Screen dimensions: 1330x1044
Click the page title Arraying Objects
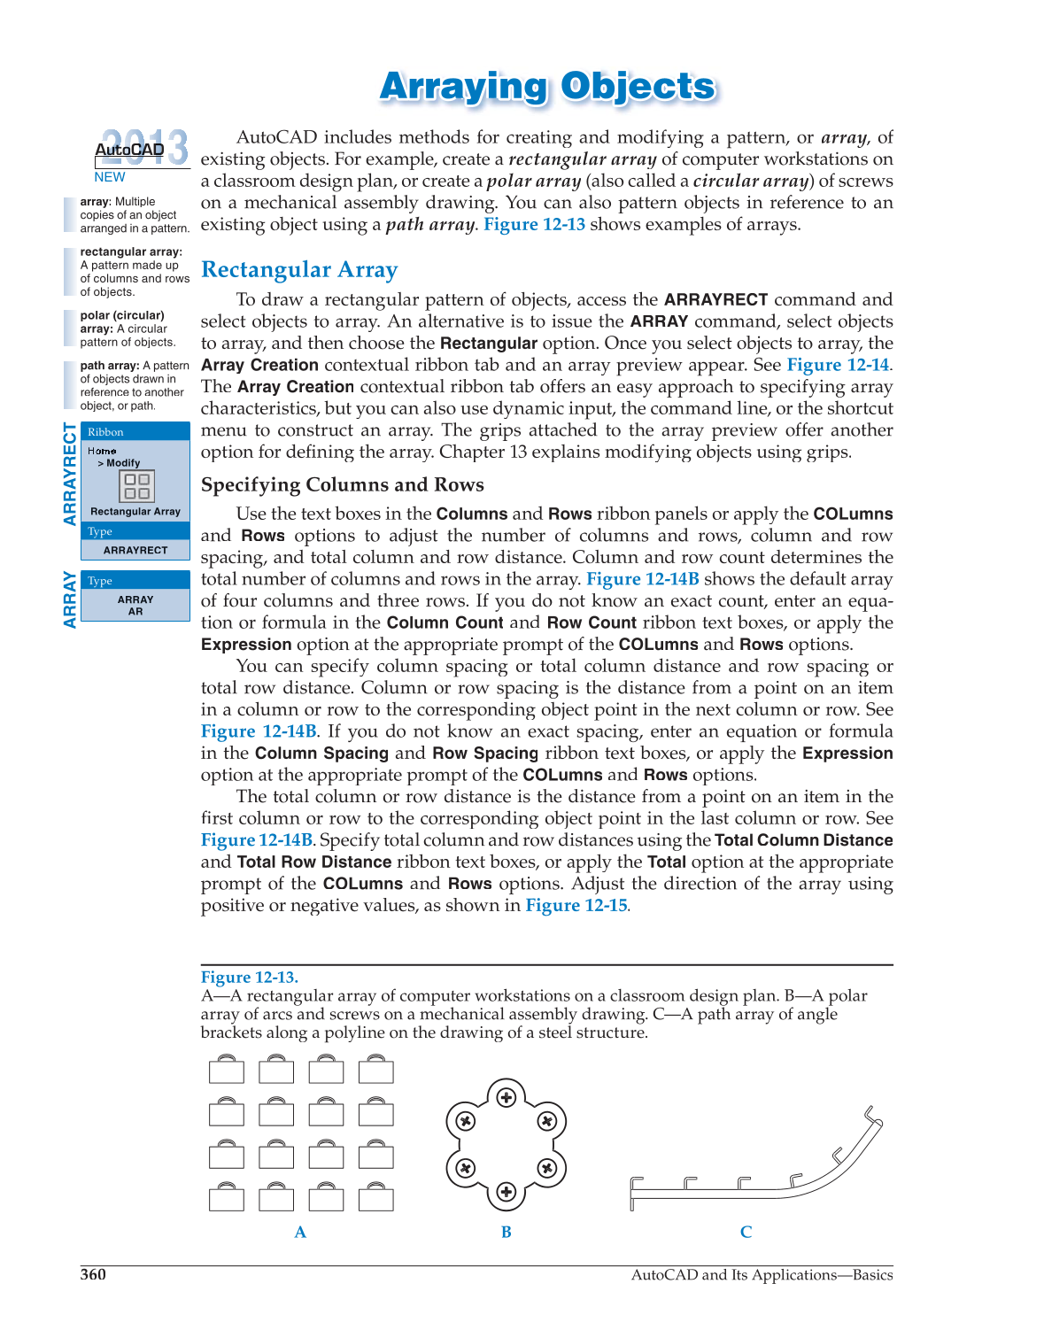tap(547, 87)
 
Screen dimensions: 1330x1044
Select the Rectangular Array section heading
tap(299, 270)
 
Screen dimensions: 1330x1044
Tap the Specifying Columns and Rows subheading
tap(342, 485)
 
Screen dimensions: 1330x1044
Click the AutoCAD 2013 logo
tap(141, 148)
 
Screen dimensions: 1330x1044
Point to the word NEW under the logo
tap(110, 177)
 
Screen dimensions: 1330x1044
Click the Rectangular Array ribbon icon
tap(136, 486)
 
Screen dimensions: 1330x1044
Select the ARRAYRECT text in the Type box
tap(135, 550)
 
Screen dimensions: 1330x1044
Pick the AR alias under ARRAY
tap(135, 611)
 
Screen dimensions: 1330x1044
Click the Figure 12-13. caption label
tap(249, 978)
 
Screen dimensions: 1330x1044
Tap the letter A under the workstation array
tap(300, 1232)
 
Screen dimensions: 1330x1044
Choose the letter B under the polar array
tap(507, 1232)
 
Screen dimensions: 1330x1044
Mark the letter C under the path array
tap(746, 1232)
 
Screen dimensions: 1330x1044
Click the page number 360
tap(93, 1274)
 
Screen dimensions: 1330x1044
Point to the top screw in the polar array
tap(507, 1098)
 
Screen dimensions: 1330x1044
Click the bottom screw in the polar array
tap(507, 1192)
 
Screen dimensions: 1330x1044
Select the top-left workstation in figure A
tap(227, 1070)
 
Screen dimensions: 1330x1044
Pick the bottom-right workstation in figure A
tap(376, 1198)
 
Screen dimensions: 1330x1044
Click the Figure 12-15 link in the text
tap(576, 905)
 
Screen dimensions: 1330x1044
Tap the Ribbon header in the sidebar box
tap(105, 432)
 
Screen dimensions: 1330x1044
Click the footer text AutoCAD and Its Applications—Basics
tap(762, 1274)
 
